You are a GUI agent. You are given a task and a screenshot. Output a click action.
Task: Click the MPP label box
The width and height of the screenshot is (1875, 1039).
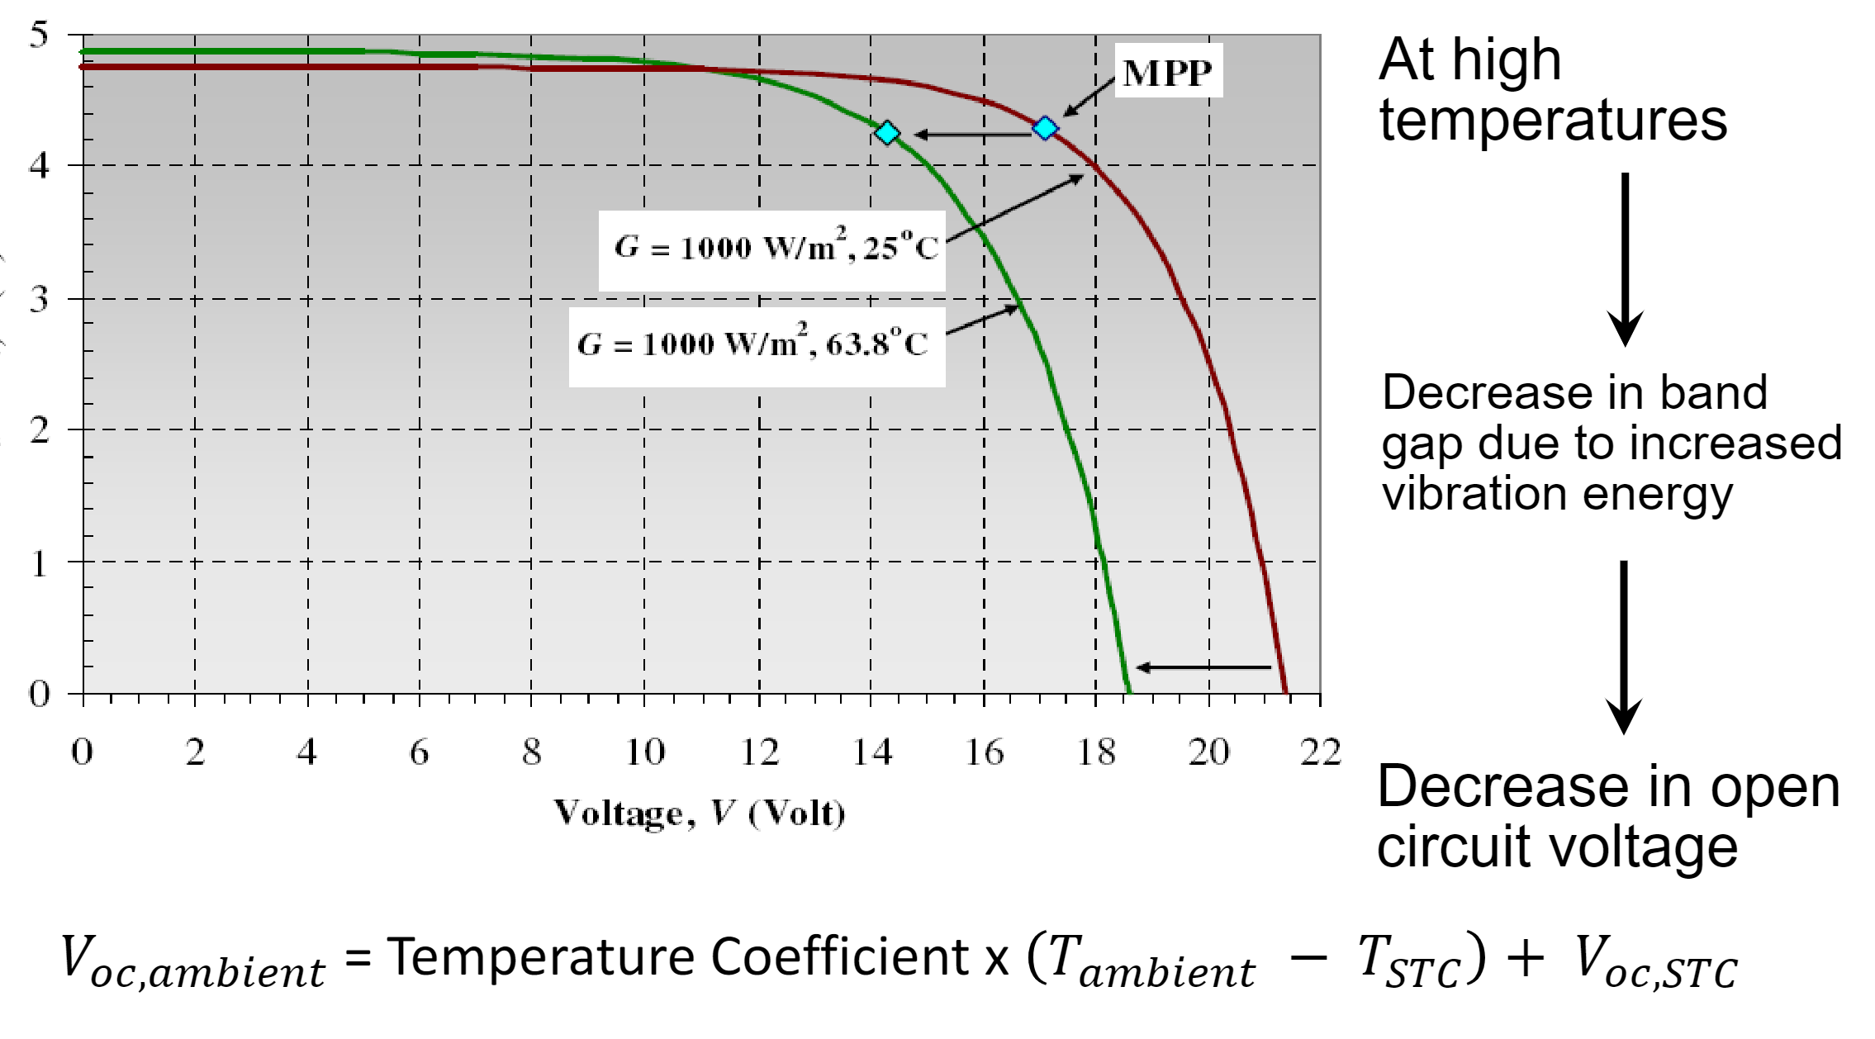(1168, 72)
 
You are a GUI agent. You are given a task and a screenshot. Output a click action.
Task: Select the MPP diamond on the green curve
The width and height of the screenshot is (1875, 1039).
(887, 133)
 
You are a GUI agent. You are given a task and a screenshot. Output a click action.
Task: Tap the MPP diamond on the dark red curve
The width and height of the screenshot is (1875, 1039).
(1046, 128)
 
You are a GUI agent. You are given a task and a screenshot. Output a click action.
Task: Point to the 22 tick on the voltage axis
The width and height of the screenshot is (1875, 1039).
(1320, 752)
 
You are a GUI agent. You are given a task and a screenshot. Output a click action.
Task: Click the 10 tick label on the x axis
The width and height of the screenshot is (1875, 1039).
(645, 752)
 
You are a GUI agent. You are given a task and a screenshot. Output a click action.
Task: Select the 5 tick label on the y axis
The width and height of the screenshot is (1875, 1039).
(39, 36)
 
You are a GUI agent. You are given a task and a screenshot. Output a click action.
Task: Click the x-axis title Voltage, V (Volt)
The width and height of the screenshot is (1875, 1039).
(699, 814)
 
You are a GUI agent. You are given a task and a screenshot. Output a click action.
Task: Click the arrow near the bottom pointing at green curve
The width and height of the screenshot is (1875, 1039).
(1203, 667)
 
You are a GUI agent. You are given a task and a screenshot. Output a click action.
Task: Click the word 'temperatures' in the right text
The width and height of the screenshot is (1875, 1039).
(1553, 121)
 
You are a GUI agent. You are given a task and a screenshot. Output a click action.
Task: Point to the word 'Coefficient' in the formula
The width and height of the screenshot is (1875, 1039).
(839, 957)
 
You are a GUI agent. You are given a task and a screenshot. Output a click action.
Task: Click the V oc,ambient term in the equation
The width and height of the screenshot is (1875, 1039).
(192, 963)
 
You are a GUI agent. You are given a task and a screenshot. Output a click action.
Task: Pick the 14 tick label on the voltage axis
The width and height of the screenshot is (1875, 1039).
(871, 752)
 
